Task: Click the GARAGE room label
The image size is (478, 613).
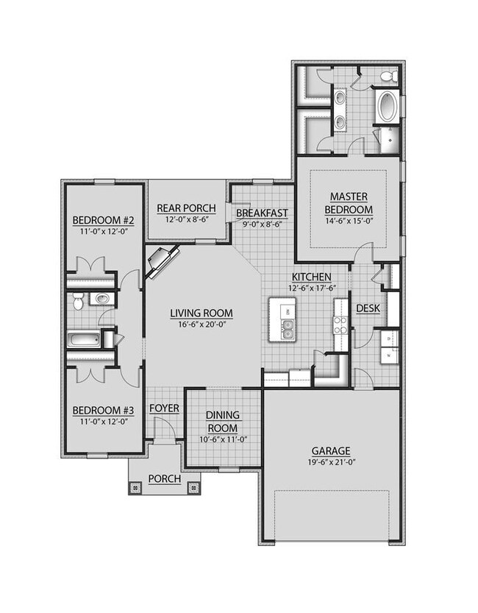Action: tap(330, 450)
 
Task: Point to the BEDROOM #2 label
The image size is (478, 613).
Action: tap(101, 221)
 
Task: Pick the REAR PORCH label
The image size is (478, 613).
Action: tap(185, 208)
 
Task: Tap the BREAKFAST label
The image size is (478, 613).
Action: tap(262, 214)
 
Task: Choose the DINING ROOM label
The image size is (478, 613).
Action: tap(221, 422)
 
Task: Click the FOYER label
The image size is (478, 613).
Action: tap(163, 408)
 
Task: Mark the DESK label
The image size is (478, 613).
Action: tap(367, 308)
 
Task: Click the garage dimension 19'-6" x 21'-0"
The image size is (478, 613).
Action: tap(330, 463)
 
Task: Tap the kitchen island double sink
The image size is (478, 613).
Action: tap(287, 330)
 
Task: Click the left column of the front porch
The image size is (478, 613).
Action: tap(135, 486)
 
